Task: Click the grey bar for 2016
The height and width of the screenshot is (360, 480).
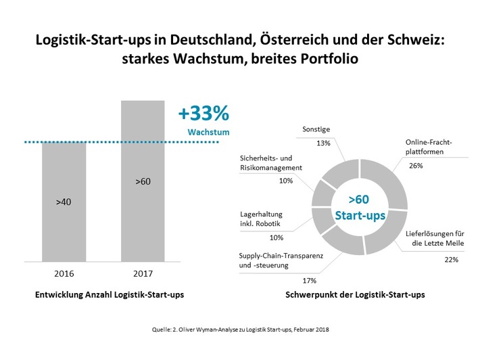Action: (x=64, y=203)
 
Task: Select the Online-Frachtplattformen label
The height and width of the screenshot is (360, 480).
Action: (x=429, y=148)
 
